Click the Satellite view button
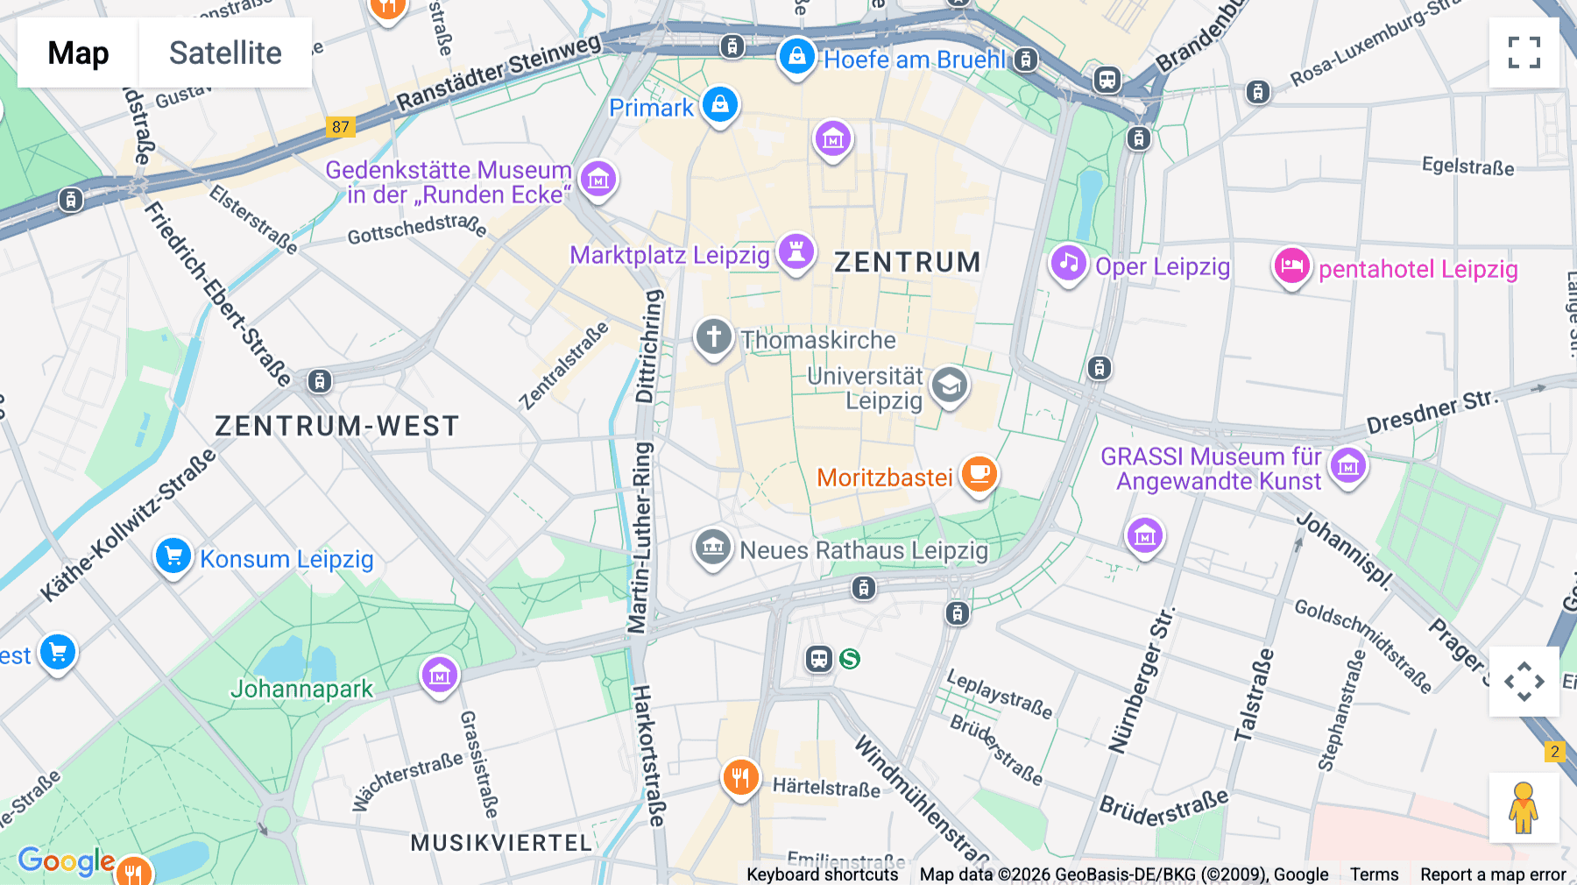pos(225,53)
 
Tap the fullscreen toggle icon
pos(1524,53)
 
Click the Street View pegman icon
pos(1524,807)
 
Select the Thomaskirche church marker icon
pos(713,336)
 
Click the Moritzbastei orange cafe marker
pos(979,474)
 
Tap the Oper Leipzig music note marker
pos(1068,263)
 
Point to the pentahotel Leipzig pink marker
pos(1291,265)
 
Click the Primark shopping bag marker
pos(719,105)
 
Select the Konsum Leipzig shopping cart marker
pos(173,556)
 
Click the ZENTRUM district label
pos(907,262)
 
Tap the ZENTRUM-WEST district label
pos(336,426)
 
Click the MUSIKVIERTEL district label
pos(501,843)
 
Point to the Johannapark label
pos(301,690)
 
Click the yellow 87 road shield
pos(340,127)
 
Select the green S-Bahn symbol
pos(850,659)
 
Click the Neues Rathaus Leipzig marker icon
pos(713,548)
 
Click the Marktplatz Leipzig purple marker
pos(796,252)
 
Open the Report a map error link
pos(1492,874)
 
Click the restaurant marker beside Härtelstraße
pos(740,776)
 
